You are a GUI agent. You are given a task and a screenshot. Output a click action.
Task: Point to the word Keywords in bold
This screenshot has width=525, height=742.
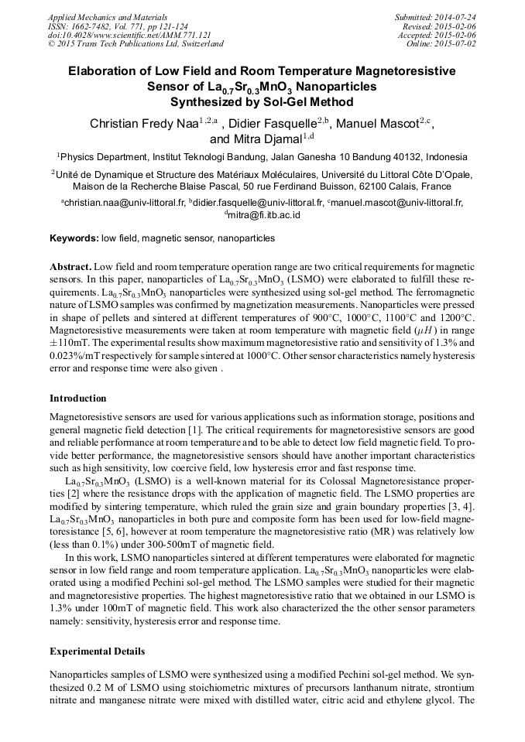(74, 239)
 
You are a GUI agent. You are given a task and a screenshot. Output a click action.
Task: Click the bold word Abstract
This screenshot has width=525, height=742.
(70, 265)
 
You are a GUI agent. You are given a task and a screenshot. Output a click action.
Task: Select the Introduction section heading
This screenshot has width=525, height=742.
(78, 398)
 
